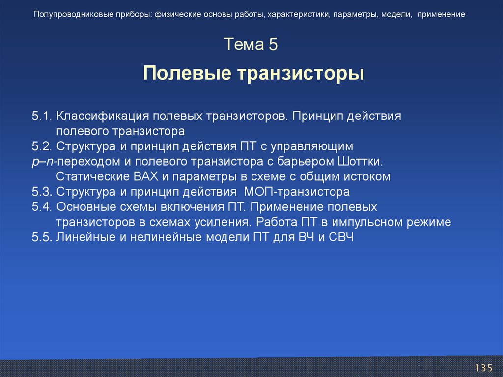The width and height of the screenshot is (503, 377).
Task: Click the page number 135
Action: point(483,368)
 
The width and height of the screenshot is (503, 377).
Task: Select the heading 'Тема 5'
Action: point(251,45)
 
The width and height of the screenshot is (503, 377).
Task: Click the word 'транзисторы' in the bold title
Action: point(301,74)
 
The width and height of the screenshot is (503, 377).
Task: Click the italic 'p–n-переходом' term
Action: point(67,162)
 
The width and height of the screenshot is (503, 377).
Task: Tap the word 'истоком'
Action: point(367,176)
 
